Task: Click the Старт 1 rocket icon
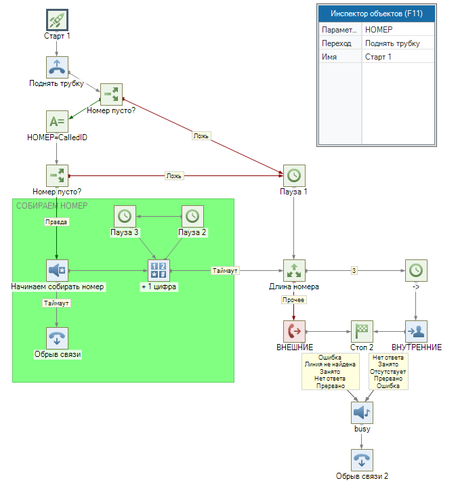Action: (x=57, y=20)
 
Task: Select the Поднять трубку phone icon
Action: (x=57, y=67)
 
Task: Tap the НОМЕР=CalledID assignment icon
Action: (x=57, y=121)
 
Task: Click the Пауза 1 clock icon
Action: (x=293, y=175)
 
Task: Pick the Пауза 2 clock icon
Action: (x=192, y=216)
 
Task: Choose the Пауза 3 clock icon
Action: (x=125, y=216)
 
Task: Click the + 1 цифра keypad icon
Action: (x=159, y=270)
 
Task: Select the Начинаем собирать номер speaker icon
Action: (x=57, y=270)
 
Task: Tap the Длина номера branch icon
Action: (x=293, y=270)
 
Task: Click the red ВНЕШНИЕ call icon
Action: (x=293, y=331)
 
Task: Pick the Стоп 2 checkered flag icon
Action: (x=362, y=331)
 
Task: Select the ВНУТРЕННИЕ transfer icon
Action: (x=416, y=331)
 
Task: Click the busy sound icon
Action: (x=362, y=412)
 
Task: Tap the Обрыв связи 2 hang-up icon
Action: (x=362, y=460)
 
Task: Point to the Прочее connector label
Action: (x=293, y=299)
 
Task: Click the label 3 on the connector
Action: (x=354, y=271)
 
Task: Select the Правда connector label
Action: (x=57, y=221)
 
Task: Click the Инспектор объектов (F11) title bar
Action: (x=376, y=14)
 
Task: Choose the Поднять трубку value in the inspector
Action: (x=392, y=43)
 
